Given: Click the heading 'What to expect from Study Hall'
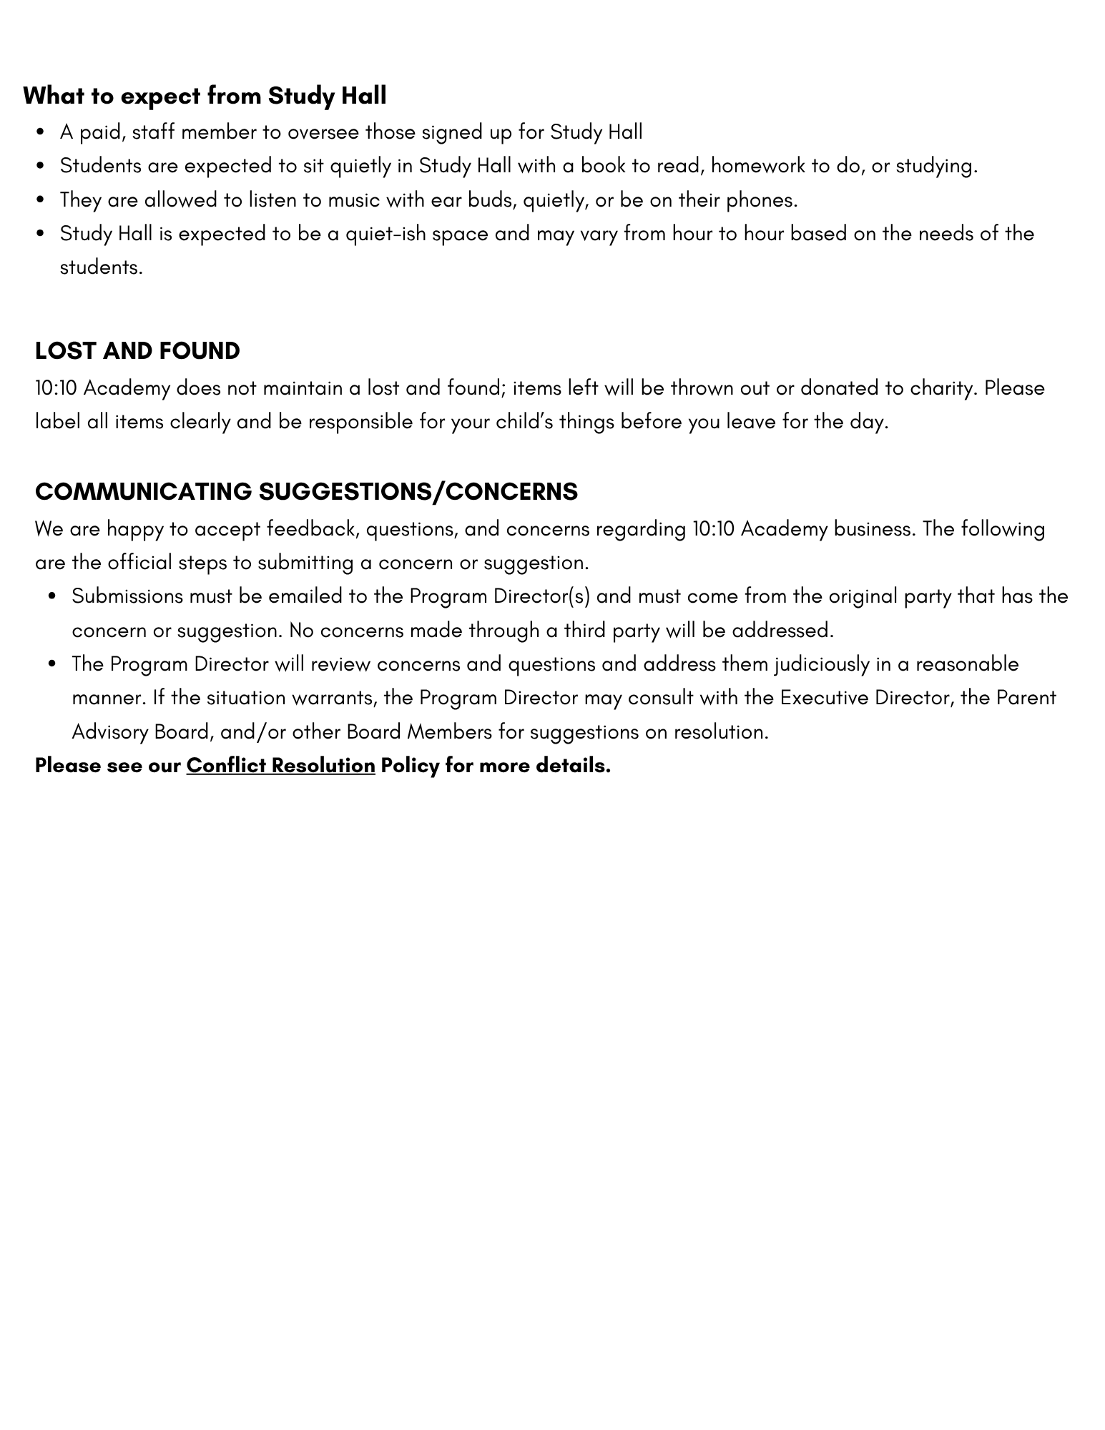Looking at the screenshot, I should point(205,96).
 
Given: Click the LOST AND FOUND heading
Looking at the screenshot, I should point(137,351).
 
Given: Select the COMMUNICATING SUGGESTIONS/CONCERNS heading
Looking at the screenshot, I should point(306,492).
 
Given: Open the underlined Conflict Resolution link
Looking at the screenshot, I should point(280,766).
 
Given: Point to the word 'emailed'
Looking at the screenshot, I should point(305,596).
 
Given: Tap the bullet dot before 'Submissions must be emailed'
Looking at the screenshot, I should point(52,597).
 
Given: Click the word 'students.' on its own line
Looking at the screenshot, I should point(102,268).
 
